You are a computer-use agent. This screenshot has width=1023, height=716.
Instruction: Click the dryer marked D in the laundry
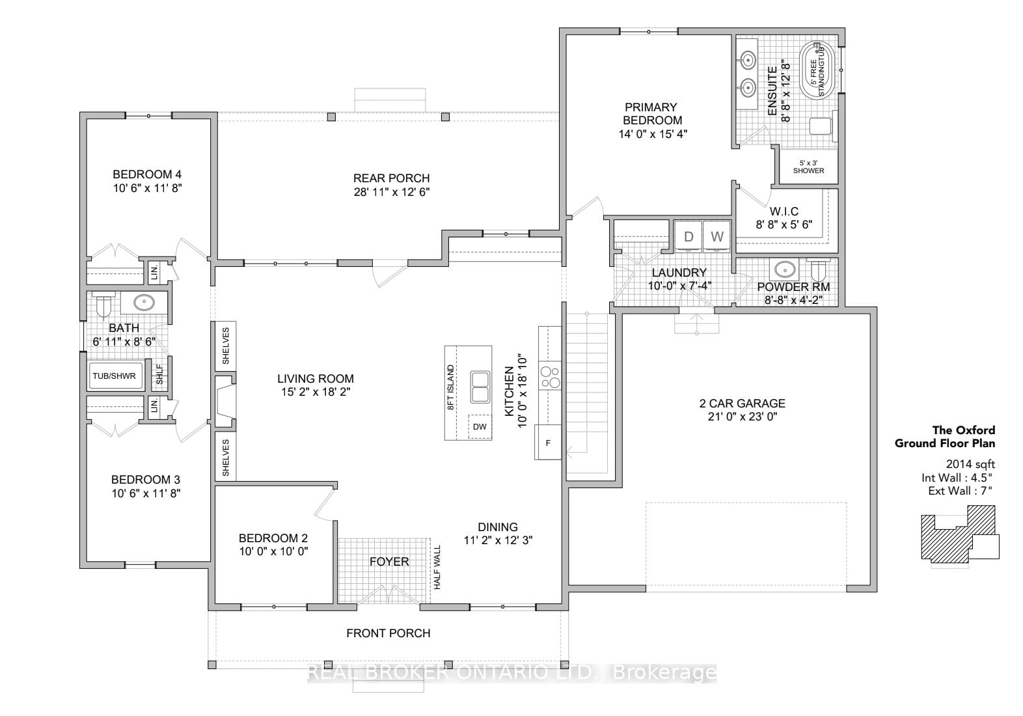tap(689, 236)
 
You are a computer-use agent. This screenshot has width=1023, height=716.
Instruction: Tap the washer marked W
tap(716, 236)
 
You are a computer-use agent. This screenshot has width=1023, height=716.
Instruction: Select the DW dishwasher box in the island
tap(480, 427)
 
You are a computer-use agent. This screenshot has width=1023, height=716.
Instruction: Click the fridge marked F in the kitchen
tap(548, 443)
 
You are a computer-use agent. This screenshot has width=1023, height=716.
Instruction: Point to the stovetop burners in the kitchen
tap(550, 376)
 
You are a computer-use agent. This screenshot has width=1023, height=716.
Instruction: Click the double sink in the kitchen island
tap(480, 387)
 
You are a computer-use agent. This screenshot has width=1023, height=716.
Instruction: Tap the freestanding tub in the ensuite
tap(817, 70)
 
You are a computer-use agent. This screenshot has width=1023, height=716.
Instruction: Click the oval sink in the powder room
tap(784, 270)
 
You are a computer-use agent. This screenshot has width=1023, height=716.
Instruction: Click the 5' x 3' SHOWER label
tap(808, 167)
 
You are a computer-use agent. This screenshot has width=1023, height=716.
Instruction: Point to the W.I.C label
tap(784, 212)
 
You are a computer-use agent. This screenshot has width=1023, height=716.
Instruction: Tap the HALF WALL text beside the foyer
tap(437, 567)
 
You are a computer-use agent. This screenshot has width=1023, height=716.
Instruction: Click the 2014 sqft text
tap(970, 464)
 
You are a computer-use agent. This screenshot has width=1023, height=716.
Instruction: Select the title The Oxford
tap(964, 430)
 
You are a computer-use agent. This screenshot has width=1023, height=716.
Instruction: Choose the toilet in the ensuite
tap(821, 126)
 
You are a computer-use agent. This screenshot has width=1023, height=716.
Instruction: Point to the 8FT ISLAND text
tap(451, 387)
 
